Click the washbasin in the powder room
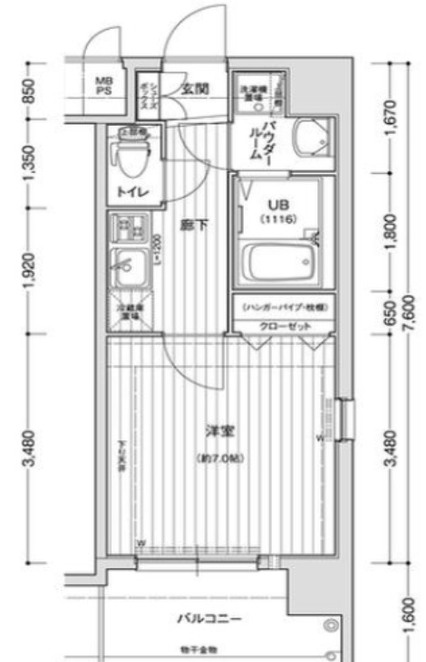(314, 139)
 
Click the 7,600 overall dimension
(409, 308)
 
